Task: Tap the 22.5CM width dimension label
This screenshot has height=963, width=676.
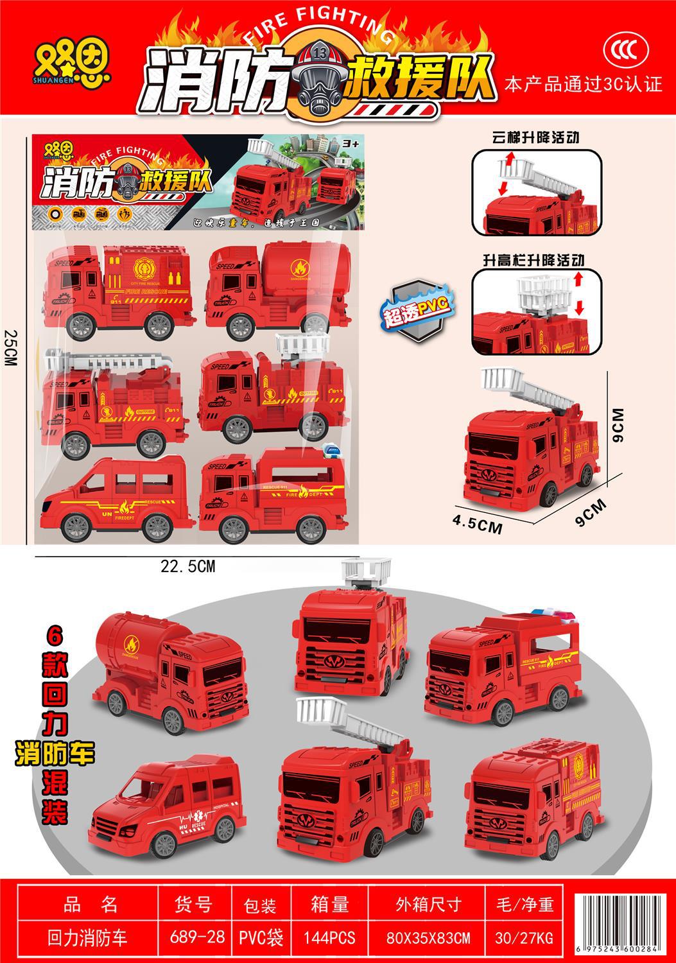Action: pos(187,566)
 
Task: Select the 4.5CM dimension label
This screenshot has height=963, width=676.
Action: pos(476,524)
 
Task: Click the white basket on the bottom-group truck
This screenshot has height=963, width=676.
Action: pos(367,569)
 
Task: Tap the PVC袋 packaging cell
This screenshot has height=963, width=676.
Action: pos(260,937)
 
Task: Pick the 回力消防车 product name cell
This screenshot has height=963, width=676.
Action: pos(88,937)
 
